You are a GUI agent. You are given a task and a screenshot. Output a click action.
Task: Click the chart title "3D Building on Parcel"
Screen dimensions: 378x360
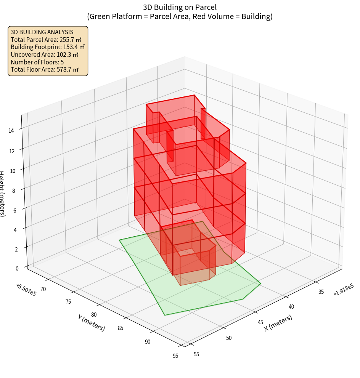[x=180, y=7]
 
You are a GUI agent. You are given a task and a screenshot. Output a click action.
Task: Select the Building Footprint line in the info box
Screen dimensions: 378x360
[x=48, y=47]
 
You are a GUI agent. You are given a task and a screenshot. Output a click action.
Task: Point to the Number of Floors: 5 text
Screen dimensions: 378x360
[x=37, y=62]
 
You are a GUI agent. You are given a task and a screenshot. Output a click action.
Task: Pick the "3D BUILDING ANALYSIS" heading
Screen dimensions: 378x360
[x=42, y=32]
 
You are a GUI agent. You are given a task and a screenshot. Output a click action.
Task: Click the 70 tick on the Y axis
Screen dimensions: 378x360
[x=43, y=289]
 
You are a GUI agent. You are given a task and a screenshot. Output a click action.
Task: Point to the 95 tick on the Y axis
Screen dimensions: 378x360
[x=175, y=356]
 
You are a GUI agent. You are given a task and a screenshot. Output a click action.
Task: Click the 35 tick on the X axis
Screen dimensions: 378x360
[x=321, y=292]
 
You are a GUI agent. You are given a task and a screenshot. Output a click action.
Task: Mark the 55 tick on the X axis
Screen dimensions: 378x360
[x=196, y=354]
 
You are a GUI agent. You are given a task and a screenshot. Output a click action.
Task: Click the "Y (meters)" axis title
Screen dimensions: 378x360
[x=91, y=322]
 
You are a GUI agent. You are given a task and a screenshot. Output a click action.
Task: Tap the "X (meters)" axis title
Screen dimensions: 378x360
[x=278, y=323]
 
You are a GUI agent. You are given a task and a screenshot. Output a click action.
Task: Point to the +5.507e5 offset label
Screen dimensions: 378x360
[x=26, y=290]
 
